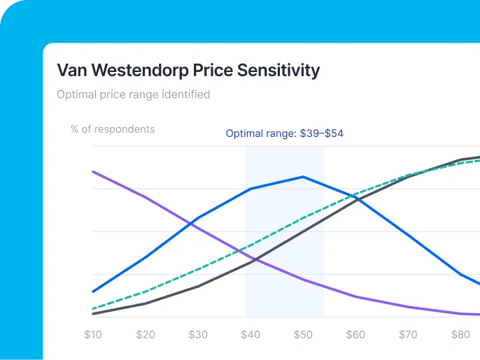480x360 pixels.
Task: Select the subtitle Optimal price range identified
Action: [x=133, y=94]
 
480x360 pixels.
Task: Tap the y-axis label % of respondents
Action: [x=113, y=129]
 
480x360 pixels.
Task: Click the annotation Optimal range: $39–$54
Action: [x=284, y=134]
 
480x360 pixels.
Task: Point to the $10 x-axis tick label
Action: [x=93, y=335]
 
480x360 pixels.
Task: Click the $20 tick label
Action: [x=146, y=335]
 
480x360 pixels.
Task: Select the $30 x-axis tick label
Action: [x=198, y=335]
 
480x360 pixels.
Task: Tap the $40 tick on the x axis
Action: [x=250, y=335]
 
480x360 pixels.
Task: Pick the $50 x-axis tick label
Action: [x=303, y=335]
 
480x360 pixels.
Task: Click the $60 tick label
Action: [x=355, y=335]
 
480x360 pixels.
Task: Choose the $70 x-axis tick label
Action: [x=408, y=335]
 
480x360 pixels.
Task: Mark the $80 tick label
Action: [x=460, y=335]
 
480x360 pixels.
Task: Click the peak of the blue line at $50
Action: [x=303, y=177]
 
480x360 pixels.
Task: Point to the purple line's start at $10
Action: [x=93, y=171]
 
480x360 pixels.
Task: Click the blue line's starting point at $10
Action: [x=93, y=291]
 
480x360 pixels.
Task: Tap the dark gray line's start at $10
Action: [x=93, y=314]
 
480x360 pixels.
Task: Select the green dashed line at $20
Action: [x=146, y=291]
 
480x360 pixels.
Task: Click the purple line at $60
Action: [x=355, y=296]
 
